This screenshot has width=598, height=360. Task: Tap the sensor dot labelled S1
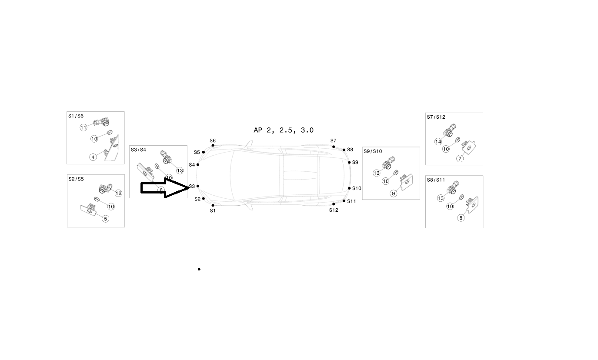click(213, 205)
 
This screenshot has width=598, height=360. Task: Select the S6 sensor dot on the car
click(213, 145)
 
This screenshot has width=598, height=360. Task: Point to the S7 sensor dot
click(334, 147)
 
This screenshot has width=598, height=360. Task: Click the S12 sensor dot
click(334, 204)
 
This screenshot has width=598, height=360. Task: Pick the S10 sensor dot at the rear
click(349, 188)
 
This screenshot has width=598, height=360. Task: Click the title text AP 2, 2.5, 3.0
click(284, 130)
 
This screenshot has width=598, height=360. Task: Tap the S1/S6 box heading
click(76, 116)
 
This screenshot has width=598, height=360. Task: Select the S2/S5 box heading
click(76, 179)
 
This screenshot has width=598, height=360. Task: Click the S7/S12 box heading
click(436, 117)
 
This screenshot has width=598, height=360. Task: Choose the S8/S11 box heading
click(436, 180)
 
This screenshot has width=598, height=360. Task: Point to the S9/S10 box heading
click(373, 151)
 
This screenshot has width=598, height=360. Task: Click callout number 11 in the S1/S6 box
click(84, 127)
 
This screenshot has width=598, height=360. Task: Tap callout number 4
click(93, 157)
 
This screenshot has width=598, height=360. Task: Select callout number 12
click(118, 193)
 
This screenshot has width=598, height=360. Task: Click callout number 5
click(106, 219)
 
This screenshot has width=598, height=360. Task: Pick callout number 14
click(438, 142)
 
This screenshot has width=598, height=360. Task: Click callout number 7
click(460, 158)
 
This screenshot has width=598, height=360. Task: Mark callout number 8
click(461, 218)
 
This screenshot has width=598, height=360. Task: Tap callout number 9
click(394, 193)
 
